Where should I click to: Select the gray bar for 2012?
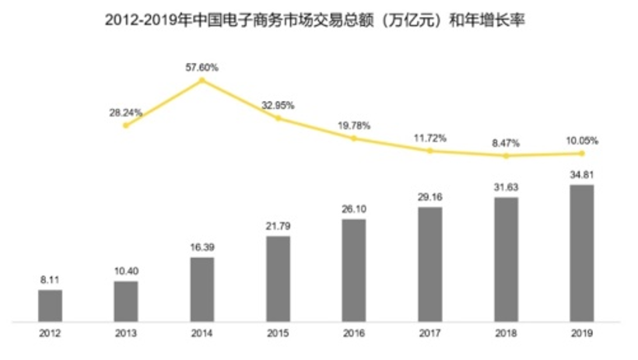(x=50, y=305)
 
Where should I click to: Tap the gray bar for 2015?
(x=278, y=278)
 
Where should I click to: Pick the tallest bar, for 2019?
(x=582, y=252)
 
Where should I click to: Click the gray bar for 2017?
(x=430, y=263)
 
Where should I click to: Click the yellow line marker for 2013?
(x=125, y=125)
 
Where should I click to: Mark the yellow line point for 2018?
(x=507, y=156)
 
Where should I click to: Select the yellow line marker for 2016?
(x=354, y=138)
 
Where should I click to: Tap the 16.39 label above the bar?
(x=202, y=246)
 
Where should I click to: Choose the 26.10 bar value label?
(x=354, y=209)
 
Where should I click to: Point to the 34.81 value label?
(x=582, y=174)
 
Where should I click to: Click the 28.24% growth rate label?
(x=125, y=112)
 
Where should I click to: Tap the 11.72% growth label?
(x=430, y=138)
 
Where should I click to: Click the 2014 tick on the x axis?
(x=202, y=334)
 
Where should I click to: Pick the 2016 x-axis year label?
(x=354, y=334)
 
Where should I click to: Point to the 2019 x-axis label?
(x=582, y=334)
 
